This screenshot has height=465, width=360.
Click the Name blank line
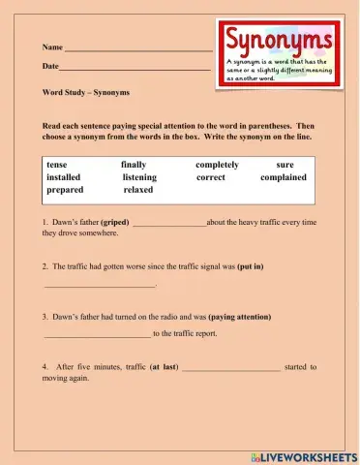137,48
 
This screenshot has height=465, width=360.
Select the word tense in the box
57,165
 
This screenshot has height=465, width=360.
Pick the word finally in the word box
134,165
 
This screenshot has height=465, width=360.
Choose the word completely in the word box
218,165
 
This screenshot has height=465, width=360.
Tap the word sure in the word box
285,165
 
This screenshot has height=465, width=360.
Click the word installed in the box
64,177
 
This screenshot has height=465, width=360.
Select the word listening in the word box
139,177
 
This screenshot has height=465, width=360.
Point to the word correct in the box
211,177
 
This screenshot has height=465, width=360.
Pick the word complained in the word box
284,177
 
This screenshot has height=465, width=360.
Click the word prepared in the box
65,190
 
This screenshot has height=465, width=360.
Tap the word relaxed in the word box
138,190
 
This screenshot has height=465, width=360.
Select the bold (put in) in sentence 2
251,265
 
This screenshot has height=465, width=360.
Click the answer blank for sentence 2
99,286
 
